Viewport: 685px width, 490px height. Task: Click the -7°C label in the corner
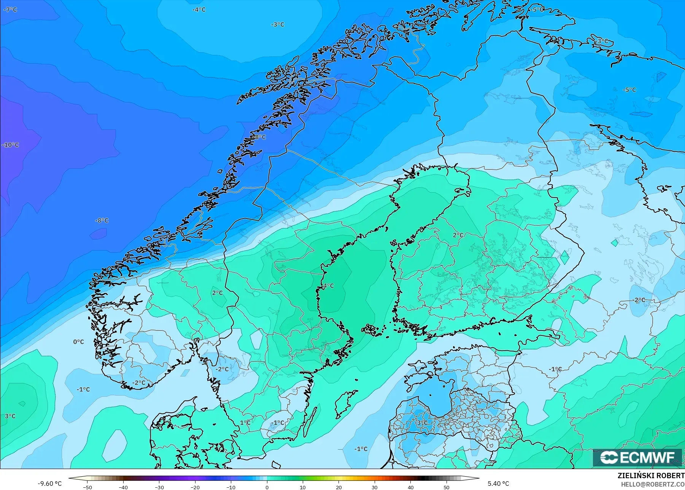[x=10, y=10]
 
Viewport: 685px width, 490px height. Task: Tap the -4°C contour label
[x=199, y=10]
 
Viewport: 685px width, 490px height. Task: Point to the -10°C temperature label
[x=10, y=145]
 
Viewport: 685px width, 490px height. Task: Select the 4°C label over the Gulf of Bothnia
[x=327, y=286]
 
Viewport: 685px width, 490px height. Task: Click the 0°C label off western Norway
[x=78, y=342]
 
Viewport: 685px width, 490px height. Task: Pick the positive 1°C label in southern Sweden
[x=245, y=423]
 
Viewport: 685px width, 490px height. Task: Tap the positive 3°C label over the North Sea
[x=10, y=416]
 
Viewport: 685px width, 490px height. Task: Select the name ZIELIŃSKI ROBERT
[x=651, y=476]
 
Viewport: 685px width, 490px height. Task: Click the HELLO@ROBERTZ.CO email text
[x=653, y=484]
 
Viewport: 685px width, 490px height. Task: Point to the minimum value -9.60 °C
[x=49, y=484]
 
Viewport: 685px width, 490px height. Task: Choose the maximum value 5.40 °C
[x=498, y=484]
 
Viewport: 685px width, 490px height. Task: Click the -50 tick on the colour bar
[x=87, y=487]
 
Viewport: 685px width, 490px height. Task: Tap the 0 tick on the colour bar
[x=267, y=487]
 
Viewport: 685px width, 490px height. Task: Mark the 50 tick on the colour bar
[x=447, y=487]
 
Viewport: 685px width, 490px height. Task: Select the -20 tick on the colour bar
[x=195, y=487]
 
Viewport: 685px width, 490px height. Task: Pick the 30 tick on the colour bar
[x=375, y=487]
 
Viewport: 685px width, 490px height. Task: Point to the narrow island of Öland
[x=312, y=419]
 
